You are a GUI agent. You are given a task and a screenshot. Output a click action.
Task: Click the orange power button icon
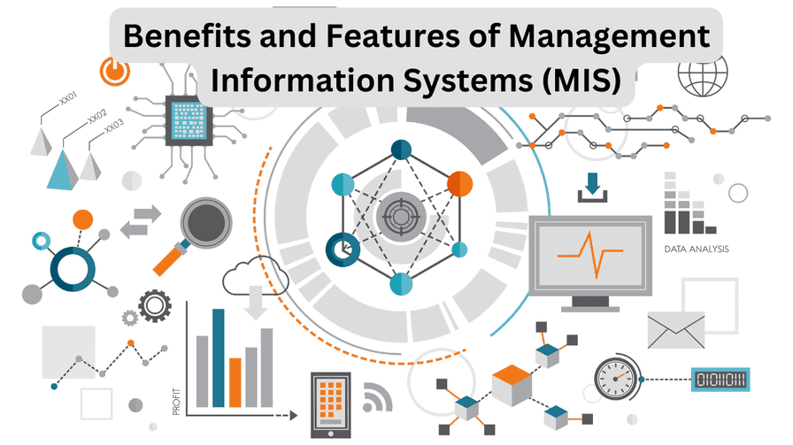coord(112,71)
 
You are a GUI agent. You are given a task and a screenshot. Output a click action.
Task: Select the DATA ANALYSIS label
coord(697,249)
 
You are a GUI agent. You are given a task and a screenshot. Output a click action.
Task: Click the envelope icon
coord(675,329)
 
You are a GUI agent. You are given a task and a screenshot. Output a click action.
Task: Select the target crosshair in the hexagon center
coord(400,215)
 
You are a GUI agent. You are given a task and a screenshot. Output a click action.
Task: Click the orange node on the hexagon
coord(459,184)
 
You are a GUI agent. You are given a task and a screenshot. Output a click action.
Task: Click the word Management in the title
coord(604,37)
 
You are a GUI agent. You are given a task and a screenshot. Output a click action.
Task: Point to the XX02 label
coord(96,118)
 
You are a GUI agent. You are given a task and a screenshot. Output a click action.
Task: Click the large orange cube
coord(511,383)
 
